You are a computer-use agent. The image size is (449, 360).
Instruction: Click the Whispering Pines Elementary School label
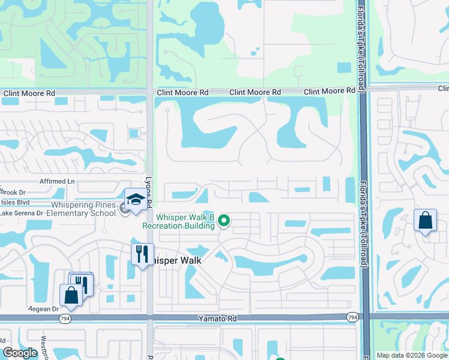tap(81, 209)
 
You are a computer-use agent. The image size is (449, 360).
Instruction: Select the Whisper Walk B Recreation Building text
tap(178, 221)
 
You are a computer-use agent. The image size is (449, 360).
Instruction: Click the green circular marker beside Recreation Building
tap(224, 221)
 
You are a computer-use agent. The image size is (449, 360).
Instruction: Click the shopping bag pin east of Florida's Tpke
tap(425, 220)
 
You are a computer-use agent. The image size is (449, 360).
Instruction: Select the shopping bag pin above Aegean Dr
tap(71, 295)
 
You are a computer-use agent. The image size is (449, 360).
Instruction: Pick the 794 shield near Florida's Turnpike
tap(352, 317)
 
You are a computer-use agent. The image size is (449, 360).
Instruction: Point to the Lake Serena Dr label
tap(22, 213)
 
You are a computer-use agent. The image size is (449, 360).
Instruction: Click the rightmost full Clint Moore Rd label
tap(329, 91)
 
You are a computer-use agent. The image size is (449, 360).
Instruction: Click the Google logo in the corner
tap(20, 353)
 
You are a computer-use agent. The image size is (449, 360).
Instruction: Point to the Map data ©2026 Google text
tap(411, 355)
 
